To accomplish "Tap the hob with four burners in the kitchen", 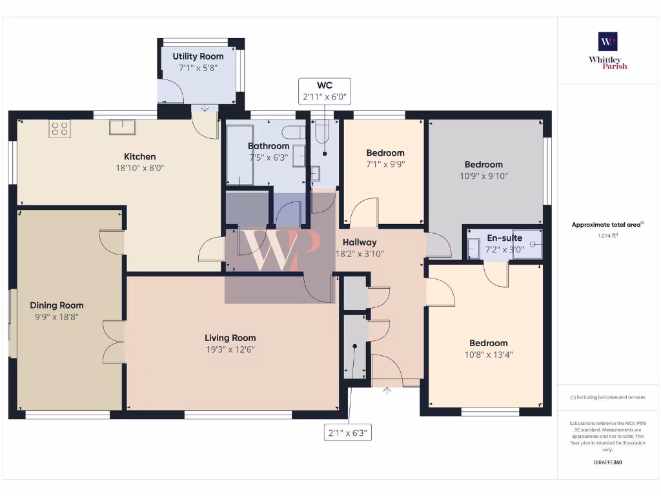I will (59, 129).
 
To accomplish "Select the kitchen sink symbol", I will (122, 127).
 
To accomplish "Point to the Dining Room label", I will (57, 305).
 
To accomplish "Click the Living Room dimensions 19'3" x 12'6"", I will (230, 349).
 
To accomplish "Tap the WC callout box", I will (324, 92).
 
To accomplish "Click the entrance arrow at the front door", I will (387, 391).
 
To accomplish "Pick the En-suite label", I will (503, 238).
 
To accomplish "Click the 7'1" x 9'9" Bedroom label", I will (385, 152).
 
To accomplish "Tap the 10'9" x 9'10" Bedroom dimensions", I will (483, 176).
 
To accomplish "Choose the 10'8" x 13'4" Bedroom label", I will (488, 343).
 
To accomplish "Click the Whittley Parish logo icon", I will (607, 41).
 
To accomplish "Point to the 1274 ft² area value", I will (607, 236).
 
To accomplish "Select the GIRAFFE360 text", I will (607, 462).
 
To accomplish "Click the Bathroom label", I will (269, 146).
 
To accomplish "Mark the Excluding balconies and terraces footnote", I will (607, 397).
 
